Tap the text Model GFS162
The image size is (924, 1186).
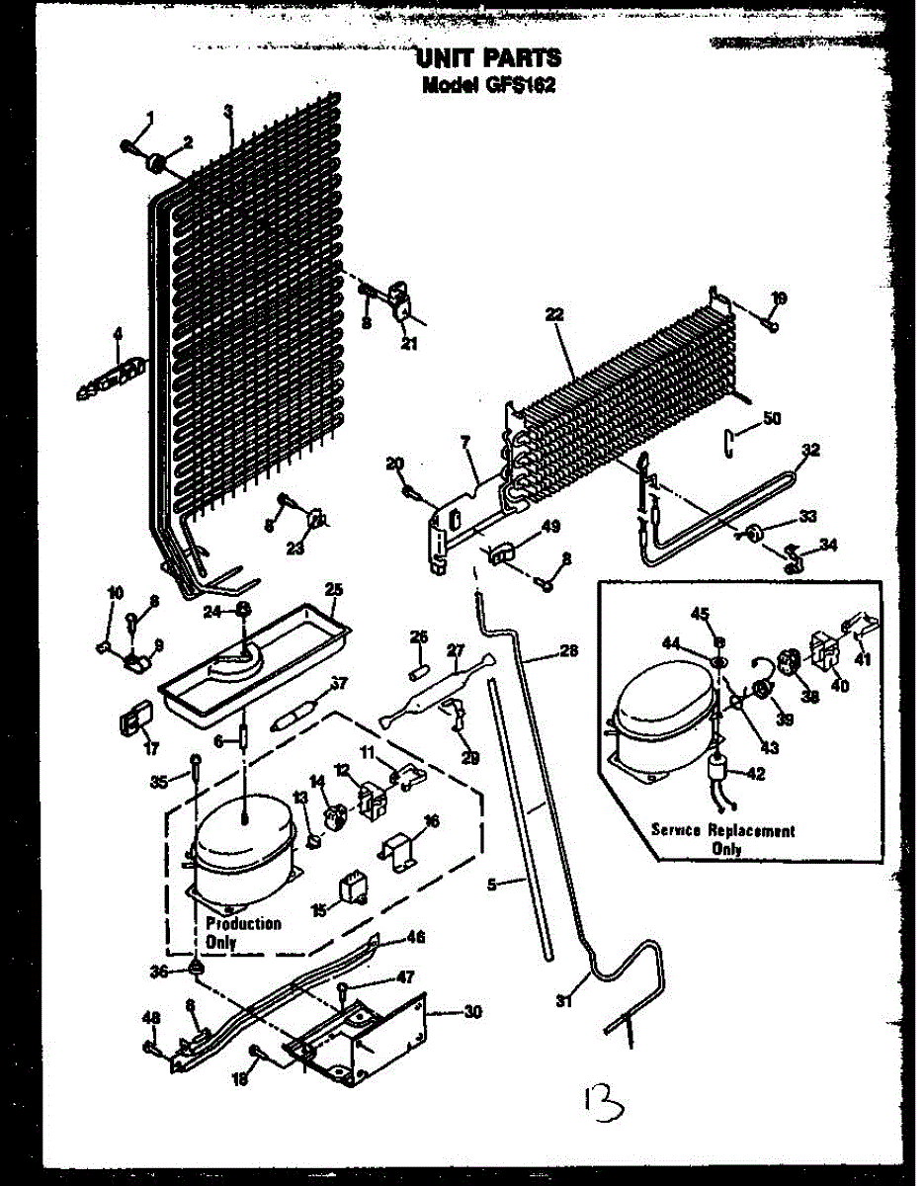point(488,85)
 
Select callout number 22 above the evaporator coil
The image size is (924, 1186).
point(554,314)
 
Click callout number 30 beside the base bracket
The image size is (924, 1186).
point(473,1011)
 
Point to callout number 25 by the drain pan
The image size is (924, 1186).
point(334,590)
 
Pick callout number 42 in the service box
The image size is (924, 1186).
point(755,774)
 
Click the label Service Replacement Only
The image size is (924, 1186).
point(721,839)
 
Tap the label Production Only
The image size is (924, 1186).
point(243,932)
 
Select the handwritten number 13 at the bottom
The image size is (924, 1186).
point(599,1099)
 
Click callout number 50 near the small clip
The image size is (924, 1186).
point(771,418)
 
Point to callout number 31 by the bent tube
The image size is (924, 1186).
point(564,1001)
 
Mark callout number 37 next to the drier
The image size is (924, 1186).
point(339,682)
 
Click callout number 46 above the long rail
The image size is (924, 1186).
point(416,935)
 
